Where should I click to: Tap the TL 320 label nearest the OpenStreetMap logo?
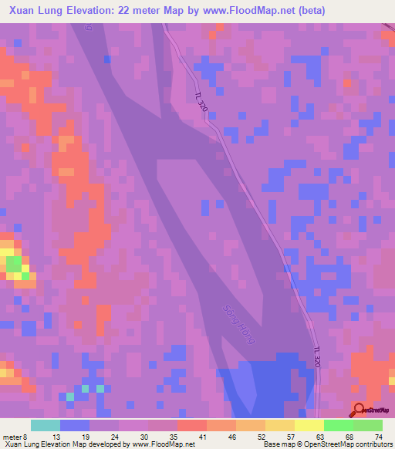tap(316, 358)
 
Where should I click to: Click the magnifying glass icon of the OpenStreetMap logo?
tap(360, 409)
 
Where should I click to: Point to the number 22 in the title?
tap(126, 10)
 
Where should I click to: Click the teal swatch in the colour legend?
tap(46, 425)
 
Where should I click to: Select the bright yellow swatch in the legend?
tap(309, 425)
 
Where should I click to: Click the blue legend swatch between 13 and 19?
tap(75, 425)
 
